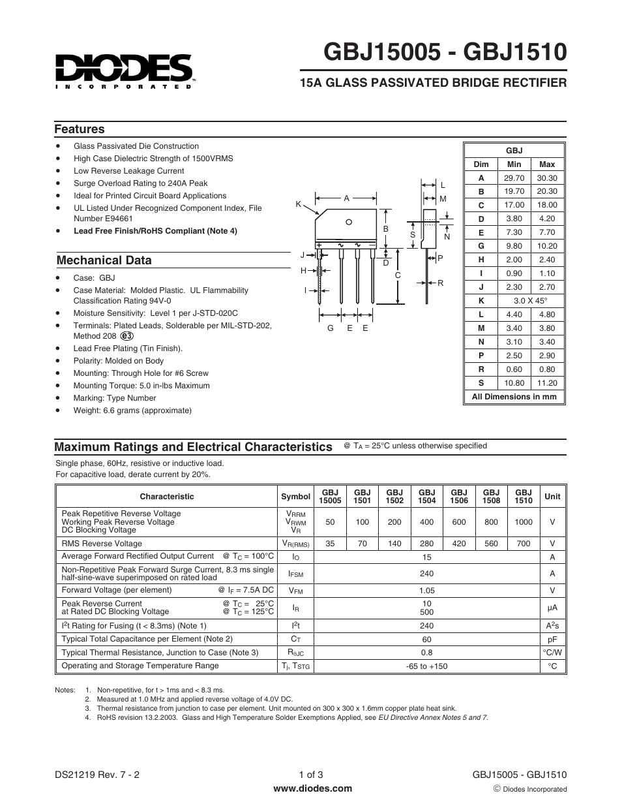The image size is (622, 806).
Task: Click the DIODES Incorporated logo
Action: pyautogui.click(x=123, y=70)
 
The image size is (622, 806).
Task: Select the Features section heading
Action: pyautogui.click(x=79, y=129)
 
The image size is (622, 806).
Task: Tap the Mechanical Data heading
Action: pyautogui.click(x=104, y=260)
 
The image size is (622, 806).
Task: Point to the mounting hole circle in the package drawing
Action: pyautogui.click(x=349, y=222)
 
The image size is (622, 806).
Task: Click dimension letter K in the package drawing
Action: pyautogui.click(x=298, y=204)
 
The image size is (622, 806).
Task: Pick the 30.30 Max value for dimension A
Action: pyautogui.click(x=547, y=178)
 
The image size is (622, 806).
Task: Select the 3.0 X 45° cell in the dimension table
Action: pyautogui.click(x=530, y=301)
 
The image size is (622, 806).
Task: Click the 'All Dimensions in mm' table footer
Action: pyautogui.click(x=514, y=397)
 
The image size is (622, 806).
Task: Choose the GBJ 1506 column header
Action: pyautogui.click(x=459, y=497)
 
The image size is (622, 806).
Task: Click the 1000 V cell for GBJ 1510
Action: pyautogui.click(x=523, y=522)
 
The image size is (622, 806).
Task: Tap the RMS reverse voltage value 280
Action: pyautogui.click(x=427, y=544)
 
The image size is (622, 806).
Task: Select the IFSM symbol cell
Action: pyautogui.click(x=295, y=574)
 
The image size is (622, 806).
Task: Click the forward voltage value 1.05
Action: pyautogui.click(x=427, y=591)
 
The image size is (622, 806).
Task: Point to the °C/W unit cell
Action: pyautogui.click(x=552, y=653)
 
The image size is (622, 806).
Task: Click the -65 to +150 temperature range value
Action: pyautogui.click(x=427, y=666)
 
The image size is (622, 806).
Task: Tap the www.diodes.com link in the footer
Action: pyautogui.click(x=312, y=788)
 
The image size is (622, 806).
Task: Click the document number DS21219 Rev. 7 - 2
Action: pyautogui.click(x=97, y=775)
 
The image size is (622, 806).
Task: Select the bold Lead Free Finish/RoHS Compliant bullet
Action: pyautogui.click(x=155, y=231)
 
